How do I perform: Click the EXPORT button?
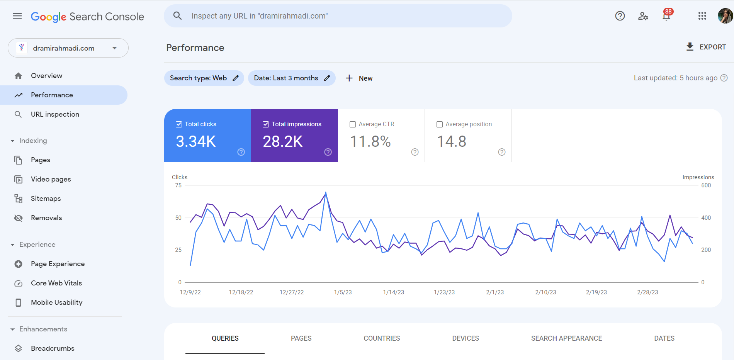click(706, 47)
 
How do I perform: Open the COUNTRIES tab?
click(382, 338)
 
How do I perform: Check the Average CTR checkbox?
click(353, 124)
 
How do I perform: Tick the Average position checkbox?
click(440, 124)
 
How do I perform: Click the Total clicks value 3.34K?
click(196, 141)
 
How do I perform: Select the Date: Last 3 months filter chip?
click(286, 78)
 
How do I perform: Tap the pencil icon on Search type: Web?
click(236, 78)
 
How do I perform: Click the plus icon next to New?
click(349, 78)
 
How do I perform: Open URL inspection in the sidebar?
click(55, 114)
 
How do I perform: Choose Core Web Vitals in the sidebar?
click(56, 283)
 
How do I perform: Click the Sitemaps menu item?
click(46, 199)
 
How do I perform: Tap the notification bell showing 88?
click(666, 16)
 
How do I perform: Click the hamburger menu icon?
click(17, 16)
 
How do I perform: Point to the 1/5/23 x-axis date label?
click(343, 292)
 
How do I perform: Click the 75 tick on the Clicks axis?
click(178, 185)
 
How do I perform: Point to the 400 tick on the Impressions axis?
click(706, 218)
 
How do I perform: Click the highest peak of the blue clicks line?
click(326, 192)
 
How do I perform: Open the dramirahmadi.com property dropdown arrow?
click(114, 48)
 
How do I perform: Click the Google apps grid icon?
click(702, 16)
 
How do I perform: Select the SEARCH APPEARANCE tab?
click(566, 338)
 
